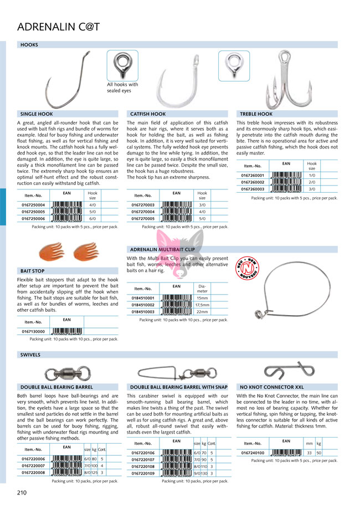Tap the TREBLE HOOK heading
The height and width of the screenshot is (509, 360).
click(x=256, y=114)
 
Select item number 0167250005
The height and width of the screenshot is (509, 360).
click(x=34, y=212)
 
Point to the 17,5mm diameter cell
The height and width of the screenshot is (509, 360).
click(x=202, y=305)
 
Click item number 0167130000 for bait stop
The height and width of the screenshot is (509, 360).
click(x=34, y=331)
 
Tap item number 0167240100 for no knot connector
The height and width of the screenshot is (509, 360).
click(x=253, y=453)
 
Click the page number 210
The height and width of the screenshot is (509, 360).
click(x=22, y=492)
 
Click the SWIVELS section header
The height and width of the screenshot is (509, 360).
click(x=30, y=354)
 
